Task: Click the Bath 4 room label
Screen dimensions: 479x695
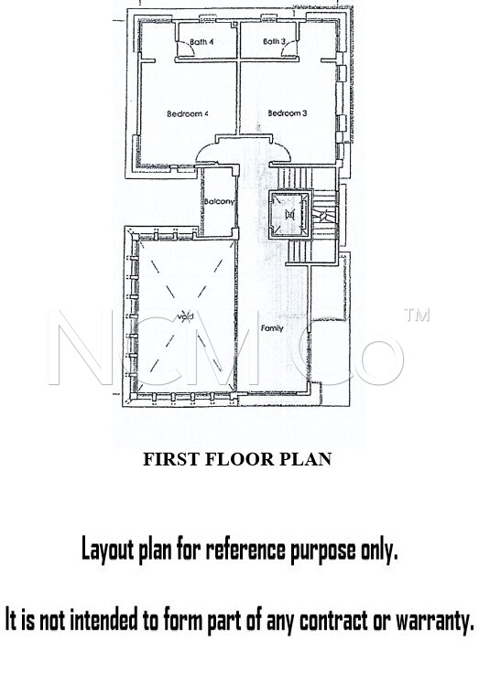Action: coord(201,42)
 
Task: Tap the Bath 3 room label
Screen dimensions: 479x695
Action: coord(274,42)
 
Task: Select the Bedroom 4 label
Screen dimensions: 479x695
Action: coord(188,114)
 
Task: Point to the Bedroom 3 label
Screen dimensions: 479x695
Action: coord(288,113)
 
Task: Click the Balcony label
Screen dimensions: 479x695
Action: coord(219,202)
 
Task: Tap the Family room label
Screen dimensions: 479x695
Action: coord(272,328)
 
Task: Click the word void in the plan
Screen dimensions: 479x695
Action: coord(186,316)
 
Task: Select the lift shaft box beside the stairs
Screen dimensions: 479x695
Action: coord(289,215)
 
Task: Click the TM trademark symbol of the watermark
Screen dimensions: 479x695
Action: coord(417,315)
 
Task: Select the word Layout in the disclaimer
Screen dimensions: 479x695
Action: coord(108,550)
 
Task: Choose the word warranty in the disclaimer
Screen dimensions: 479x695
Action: coord(435,620)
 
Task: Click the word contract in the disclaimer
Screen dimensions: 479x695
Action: coord(333,620)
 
